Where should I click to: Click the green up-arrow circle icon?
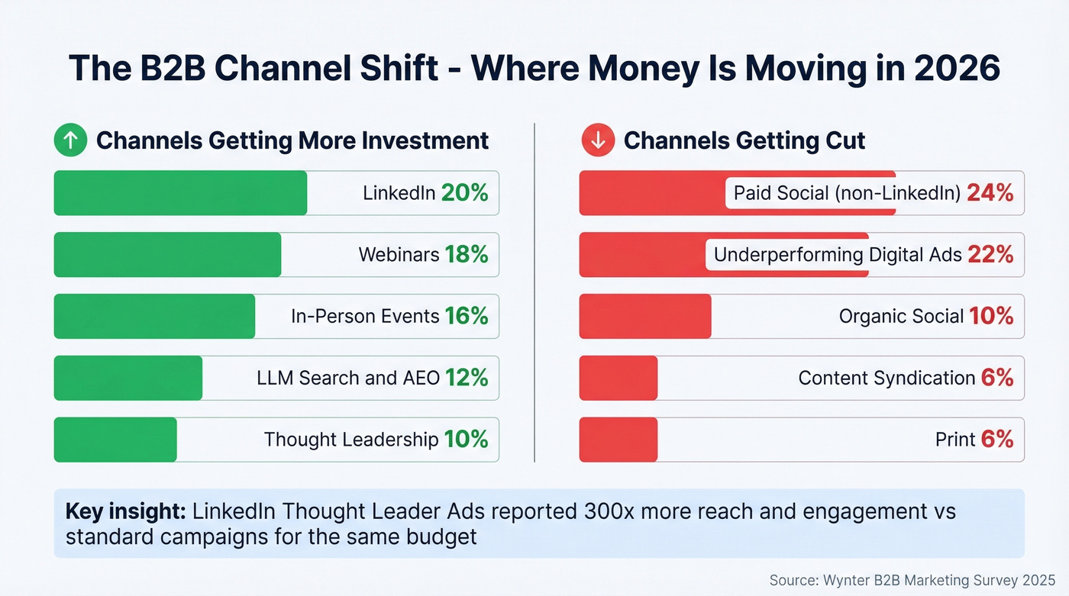[x=70, y=141]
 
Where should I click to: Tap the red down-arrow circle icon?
[x=598, y=141]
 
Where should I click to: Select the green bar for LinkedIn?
[x=180, y=193]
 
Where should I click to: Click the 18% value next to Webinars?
[x=466, y=255]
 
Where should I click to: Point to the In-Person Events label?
[x=365, y=317]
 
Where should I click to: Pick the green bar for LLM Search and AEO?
[x=128, y=378]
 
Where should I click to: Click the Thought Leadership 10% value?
[x=466, y=440]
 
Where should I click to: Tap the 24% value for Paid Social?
[x=990, y=193]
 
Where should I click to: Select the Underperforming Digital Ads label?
[x=838, y=255]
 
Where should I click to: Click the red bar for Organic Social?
[x=645, y=317]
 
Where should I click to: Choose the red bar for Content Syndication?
[x=618, y=378]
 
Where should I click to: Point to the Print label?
[x=955, y=440]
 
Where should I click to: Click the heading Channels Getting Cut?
[x=744, y=141]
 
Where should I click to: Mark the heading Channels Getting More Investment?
[x=292, y=141]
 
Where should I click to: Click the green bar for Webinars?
[x=167, y=255]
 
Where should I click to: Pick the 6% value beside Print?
[x=997, y=440]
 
